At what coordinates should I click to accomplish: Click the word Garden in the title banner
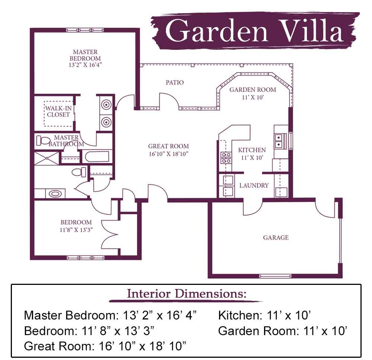[x=217, y=30]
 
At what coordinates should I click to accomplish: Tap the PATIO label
[x=174, y=83]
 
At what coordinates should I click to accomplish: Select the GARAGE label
[x=276, y=237]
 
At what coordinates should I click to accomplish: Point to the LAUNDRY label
[x=254, y=185]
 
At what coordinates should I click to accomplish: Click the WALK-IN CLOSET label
[x=58, y=112]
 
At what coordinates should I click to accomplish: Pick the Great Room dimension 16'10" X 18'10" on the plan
[x=169, y=154]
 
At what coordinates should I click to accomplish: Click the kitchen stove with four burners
[x=226, y=158]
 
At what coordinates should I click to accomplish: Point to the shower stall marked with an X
[x=46, y=158]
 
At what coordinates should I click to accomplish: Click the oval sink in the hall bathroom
[x=55, y=193]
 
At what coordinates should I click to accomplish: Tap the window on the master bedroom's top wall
[x=85, y=30]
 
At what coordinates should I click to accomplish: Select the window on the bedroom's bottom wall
[x=86, y=258]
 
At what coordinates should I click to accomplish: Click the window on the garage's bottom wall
[x=275, y=276]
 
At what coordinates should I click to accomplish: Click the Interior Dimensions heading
[x=186, y=293]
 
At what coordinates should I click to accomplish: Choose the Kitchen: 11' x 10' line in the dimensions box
[x=264, y=315]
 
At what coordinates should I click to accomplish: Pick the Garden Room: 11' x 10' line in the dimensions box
[x=283, y=331]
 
